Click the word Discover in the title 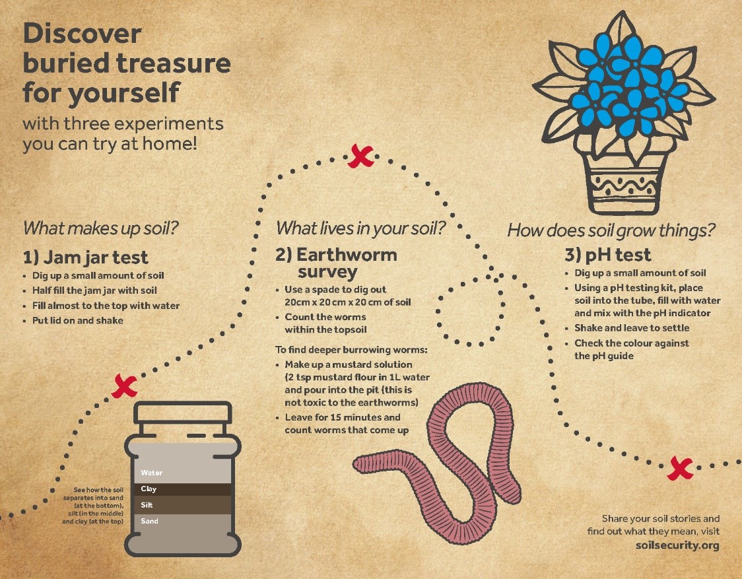tap(83, 34)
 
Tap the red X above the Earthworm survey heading tap(360, 156)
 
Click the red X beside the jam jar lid tap(125, 386)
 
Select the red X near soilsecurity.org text tap(680, 469)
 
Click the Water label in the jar tap(151, 473)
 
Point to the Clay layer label tap(149, 489)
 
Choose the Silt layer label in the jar tap(147, 504)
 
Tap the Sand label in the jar tap(150, 521)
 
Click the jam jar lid tap(183, 413)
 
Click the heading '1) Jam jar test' tap(86, 257)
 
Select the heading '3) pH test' tap(608, 255)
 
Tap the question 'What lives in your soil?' tap(360, 228)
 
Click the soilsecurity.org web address tap(677, 545)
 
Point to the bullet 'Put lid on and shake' tap(78, 320)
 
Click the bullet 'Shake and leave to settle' tap(632, 328)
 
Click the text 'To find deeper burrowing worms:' tap(351, 350)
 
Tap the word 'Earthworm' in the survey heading tap(347, 255)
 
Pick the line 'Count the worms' tap(325, 317)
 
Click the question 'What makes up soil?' tap(101, 228)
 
